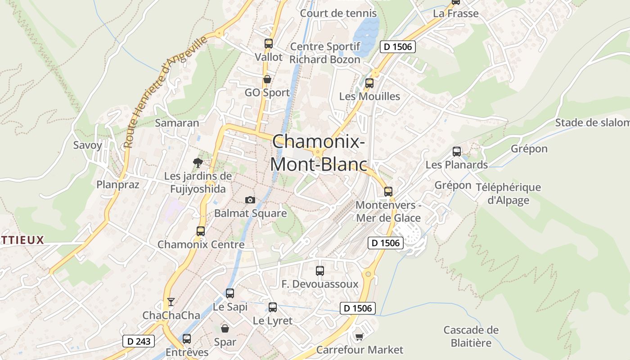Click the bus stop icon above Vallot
269,44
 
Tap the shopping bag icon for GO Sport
267,80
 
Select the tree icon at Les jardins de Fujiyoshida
198,163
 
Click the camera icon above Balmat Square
250,200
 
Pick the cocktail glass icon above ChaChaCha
171,301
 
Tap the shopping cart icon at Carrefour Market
359,337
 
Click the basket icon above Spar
225,328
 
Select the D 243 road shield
139,341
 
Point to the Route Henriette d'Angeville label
166,91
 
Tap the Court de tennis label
338,13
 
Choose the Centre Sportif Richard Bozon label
325,53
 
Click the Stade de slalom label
592,122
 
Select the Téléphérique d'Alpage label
508,193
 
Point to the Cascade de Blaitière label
471,336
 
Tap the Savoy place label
88,145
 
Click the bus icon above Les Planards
457,152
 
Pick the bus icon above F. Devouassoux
320,271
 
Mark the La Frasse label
456,13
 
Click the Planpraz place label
118,184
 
